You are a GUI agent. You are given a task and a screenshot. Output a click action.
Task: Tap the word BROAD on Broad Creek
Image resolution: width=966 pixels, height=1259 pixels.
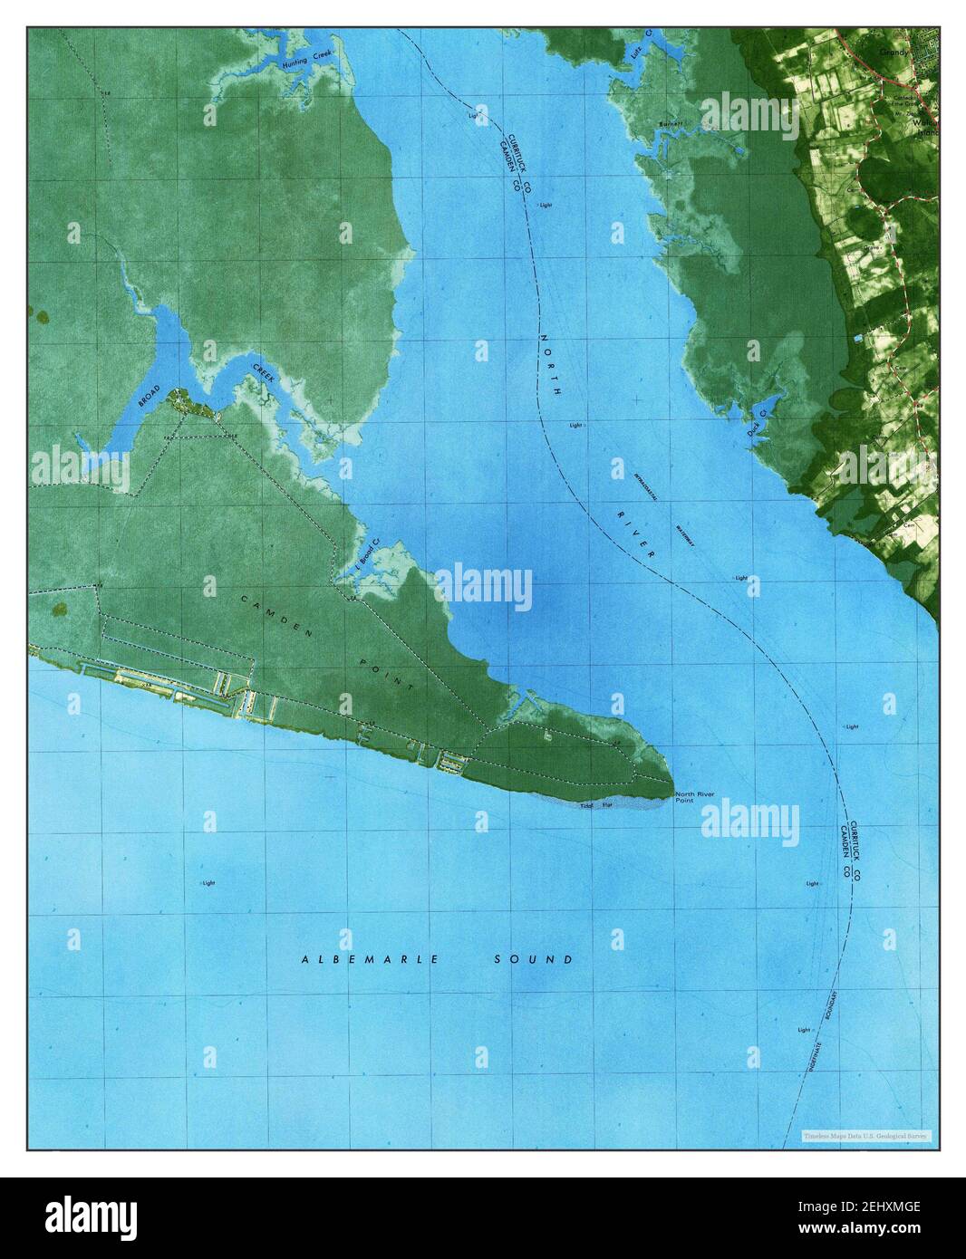pyautogui.click(x=149, y=399)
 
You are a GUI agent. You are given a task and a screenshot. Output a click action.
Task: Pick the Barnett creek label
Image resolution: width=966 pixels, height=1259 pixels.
pyautogui.click(x=671, y=122)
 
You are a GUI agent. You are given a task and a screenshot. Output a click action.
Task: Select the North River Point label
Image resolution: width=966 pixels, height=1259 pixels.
pyautogui.click(x=695, y=798)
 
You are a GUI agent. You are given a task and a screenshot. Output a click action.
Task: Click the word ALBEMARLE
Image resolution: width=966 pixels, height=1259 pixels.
pyautogui.click(x=371, y=959)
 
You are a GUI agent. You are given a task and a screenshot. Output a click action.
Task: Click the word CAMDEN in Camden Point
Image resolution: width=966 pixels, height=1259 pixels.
pyautogui.click(x=276, y=616)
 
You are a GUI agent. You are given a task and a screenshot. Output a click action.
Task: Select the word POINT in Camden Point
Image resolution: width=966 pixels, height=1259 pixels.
pyautogui.click(x=393, y=678)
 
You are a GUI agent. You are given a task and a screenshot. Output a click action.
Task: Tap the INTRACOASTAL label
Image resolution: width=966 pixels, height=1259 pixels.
pyautogui.click(x=651, y=486)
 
